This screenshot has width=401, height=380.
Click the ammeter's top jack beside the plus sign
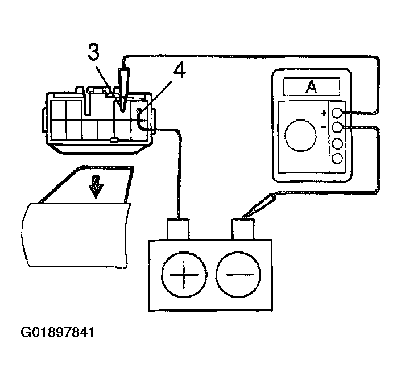(337, 113)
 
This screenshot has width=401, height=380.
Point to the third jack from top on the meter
(337, 143)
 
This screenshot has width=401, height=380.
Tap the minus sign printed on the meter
(324, 127)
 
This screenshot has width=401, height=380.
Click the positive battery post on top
(178, 230)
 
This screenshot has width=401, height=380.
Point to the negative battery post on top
(243, 230)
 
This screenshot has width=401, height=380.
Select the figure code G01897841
(57, 332)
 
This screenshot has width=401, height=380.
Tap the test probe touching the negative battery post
(259, 206)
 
